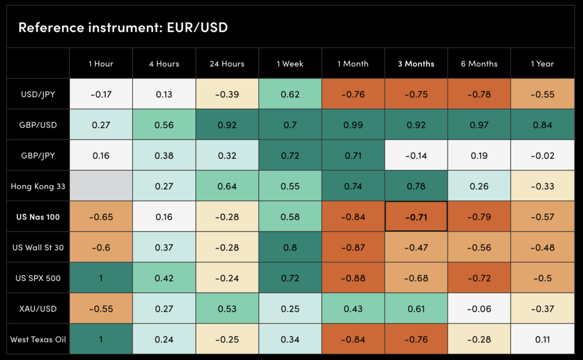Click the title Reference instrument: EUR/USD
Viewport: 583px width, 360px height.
(x=123, y=27)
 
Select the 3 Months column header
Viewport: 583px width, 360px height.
(x=416, y=64)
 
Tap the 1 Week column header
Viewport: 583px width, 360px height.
(x=290, y=64)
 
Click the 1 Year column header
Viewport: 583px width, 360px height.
(x=542, y=64)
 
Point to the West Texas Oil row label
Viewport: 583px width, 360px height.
(x=38, y=339)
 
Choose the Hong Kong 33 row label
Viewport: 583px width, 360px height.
(x=38, y=186)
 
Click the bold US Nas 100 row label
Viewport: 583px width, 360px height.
(x=38, y=217)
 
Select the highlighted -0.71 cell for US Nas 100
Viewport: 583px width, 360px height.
(x=416, y=217)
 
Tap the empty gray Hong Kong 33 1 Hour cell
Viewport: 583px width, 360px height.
(x=101, y=186)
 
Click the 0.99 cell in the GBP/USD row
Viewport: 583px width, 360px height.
(x=353, y=125)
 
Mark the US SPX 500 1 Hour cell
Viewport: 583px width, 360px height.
(x=101, y=279)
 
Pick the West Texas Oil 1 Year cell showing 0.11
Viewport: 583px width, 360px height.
(x=542, y=339)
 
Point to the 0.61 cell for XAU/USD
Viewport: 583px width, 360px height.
(x=416, y=309)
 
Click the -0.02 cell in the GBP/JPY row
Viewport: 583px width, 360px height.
(x=542, y=156)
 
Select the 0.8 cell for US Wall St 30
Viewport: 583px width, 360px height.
(x=290, y=248)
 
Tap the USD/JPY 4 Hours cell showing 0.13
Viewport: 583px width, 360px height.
(x=164, y=94)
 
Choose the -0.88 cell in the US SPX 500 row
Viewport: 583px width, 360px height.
(x=353, y=279)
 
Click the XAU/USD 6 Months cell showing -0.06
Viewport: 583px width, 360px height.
(x=479, y=309)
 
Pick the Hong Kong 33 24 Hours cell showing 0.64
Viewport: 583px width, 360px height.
(x=227, y=186)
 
